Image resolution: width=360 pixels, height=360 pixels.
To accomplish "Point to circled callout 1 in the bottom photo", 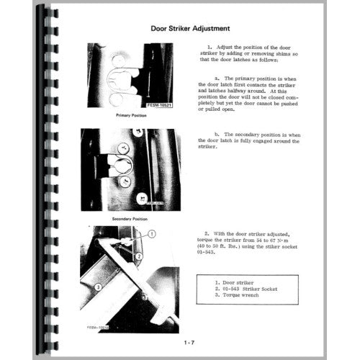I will (x=153, y=234).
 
